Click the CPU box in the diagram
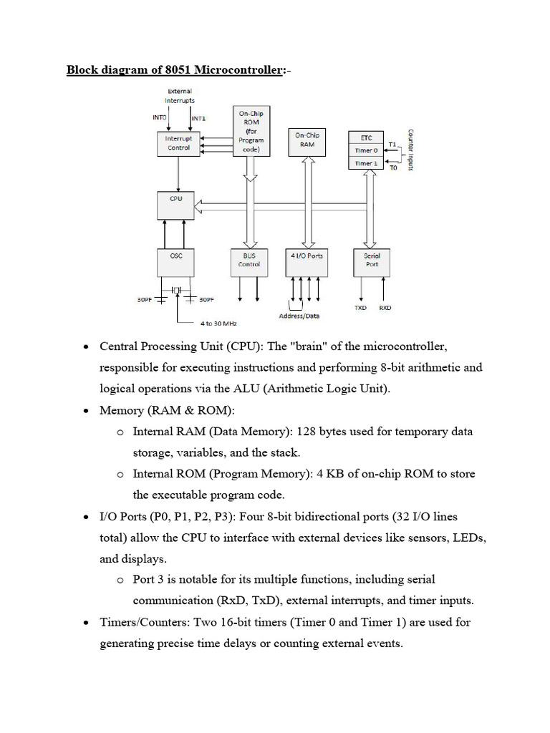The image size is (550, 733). click(175, 205)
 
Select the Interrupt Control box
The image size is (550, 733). click(178, 143)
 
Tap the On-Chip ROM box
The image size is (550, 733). click(251, 131)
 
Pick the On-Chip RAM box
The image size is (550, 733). click(307, 142)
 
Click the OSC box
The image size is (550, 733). click(175, 262)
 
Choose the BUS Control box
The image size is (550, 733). click(249, 262)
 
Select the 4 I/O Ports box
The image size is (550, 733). click(307, 262)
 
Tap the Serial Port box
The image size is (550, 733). click(372, 262)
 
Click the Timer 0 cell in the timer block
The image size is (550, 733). click(366, 150)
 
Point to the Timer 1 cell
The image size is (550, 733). click(366, 163)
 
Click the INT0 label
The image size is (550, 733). click(160, 117)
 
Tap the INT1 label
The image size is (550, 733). click(198, 118)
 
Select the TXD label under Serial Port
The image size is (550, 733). click(361, 308)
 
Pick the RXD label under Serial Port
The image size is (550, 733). click(385, 308)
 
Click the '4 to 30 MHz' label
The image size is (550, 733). click(218, 324)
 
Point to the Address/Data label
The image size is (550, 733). click(299, 316)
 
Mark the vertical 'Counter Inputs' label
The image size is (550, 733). click(410, 150)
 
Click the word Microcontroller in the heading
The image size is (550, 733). click(238, 69)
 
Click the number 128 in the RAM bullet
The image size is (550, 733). click(307, 431)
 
